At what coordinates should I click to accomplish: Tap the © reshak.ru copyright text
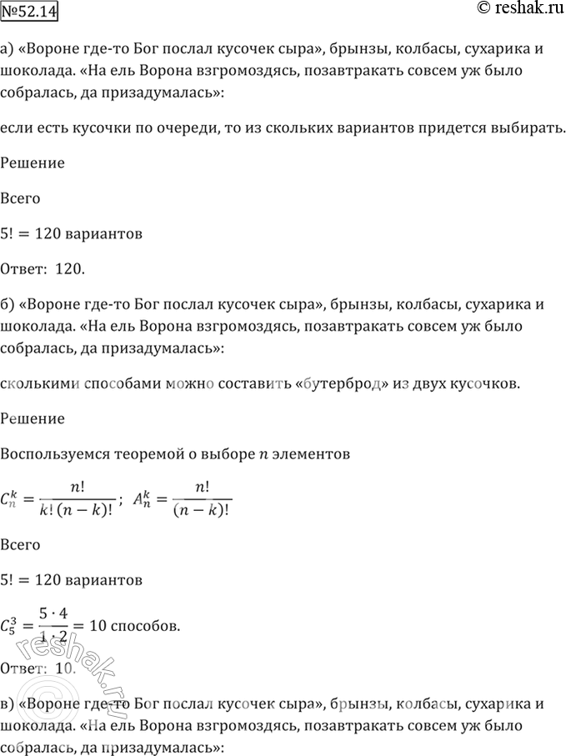point(518,9)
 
